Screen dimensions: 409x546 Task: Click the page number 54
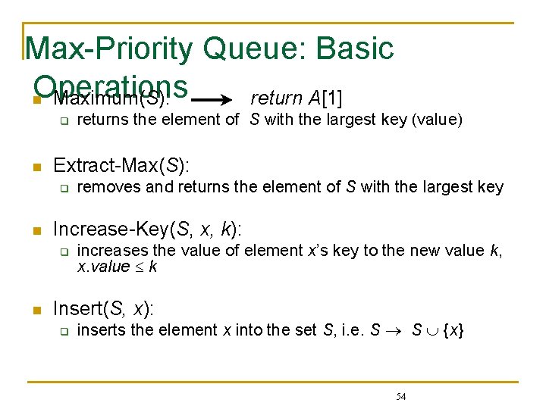point(401,396)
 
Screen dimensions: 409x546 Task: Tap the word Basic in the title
point(353,48)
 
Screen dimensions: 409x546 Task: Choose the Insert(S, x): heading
point(103,308)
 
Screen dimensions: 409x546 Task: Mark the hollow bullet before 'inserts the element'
point(65,331)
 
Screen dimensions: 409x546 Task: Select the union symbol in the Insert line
point(431,331)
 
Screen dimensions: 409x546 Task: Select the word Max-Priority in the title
point(110,48)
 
